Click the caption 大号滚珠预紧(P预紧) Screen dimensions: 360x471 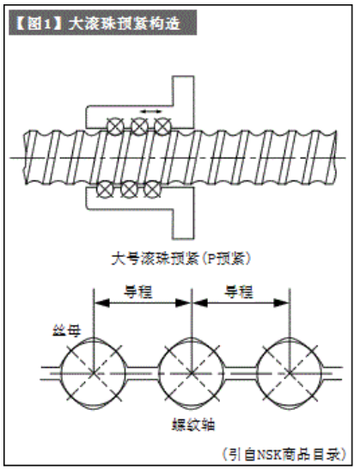(181, 260)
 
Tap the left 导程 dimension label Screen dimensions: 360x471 (138, 291)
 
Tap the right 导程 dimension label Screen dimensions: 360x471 (239, 291)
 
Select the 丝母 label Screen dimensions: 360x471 (67, 331)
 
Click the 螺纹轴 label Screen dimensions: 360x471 (193, 425)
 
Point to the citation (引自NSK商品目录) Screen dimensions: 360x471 (284, 455)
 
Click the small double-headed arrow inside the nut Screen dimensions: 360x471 (151, 112)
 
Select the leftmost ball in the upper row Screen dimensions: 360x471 (115, 126)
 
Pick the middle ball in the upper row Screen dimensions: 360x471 (139, 126)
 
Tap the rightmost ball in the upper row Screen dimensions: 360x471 (162, 126)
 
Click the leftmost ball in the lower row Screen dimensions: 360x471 (105, 189)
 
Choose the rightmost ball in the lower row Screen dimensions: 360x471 (152, 189)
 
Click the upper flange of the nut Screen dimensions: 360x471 (183, 102)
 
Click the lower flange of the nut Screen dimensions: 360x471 (183, 213)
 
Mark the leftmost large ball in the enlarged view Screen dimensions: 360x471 (94, 373)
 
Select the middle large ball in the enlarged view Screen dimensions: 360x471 (192, 373)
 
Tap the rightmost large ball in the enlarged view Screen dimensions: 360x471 (290, 373)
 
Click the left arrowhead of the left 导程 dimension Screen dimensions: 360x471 (101, 303)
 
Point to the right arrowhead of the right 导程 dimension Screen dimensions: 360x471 (281, 303)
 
